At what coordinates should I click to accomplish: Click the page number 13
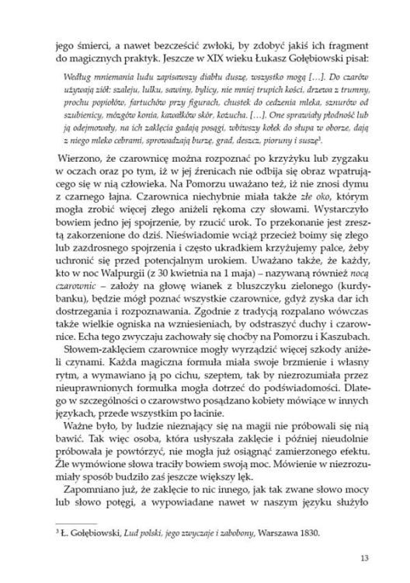point(366,558)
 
